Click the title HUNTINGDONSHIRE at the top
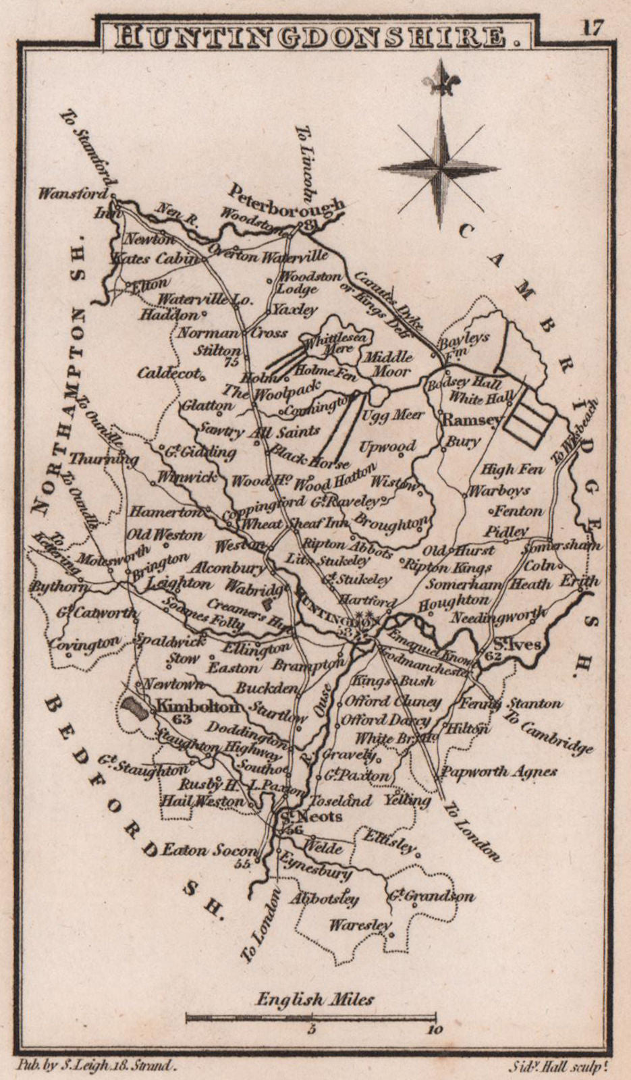(314, 36)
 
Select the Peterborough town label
(286, 199)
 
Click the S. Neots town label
(312, 817)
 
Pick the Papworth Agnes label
(499, 772)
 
